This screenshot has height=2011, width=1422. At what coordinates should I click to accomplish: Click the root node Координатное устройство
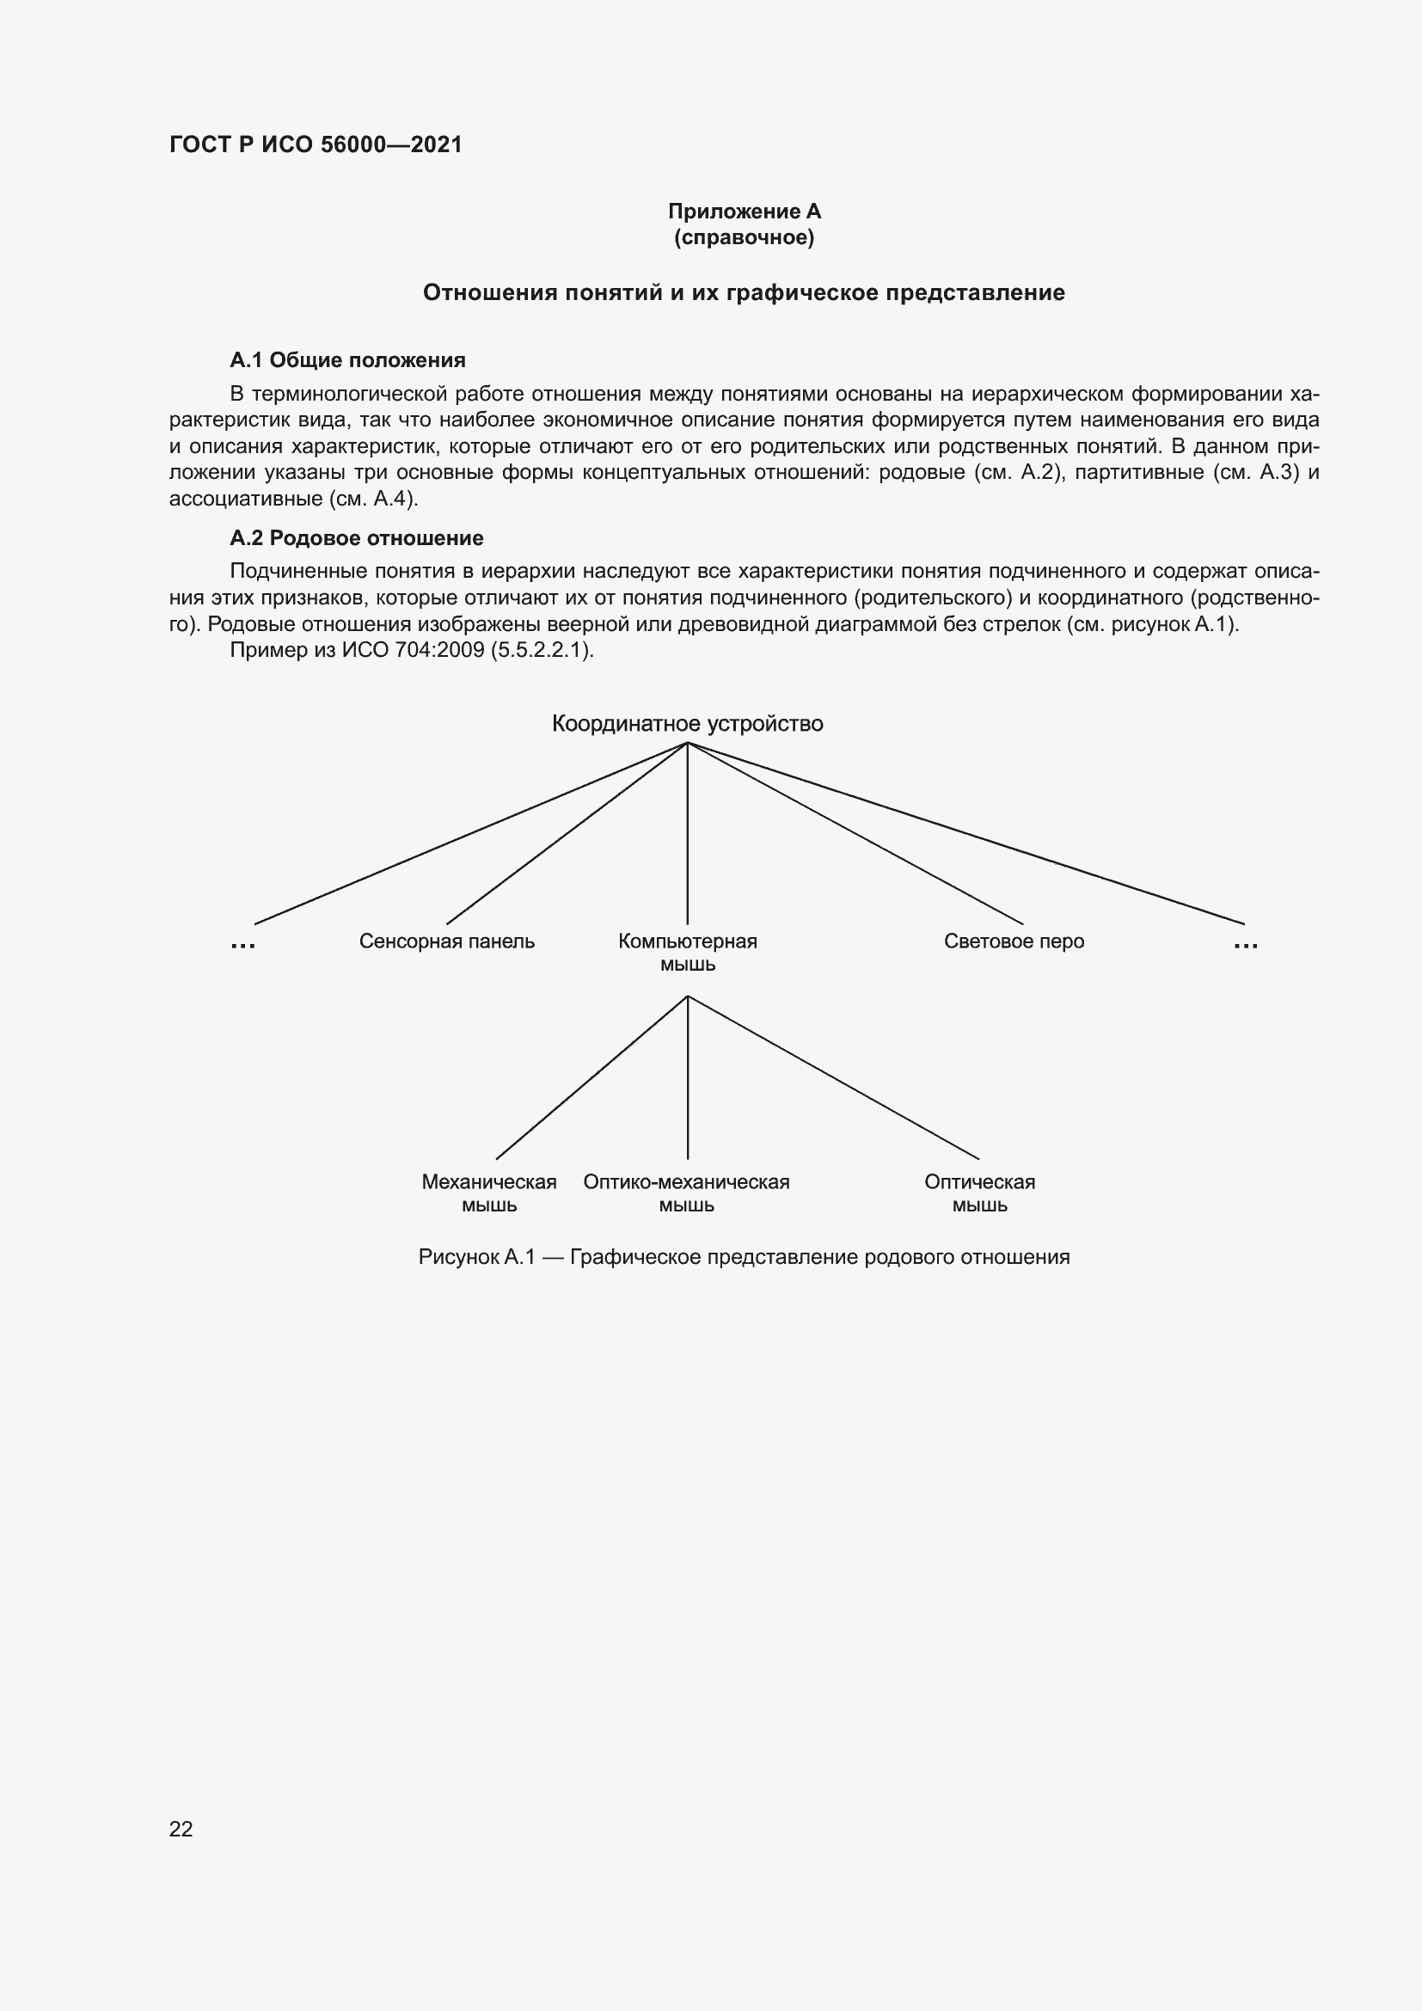[x=688, y=724]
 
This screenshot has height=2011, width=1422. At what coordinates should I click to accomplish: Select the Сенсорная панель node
[x=446, y=941]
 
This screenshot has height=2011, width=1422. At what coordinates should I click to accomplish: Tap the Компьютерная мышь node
[x=688, y=952]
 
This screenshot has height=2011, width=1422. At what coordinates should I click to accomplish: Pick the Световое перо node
[x=1014, y=941]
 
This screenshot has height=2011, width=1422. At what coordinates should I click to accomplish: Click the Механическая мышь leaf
[x=489, y=1193]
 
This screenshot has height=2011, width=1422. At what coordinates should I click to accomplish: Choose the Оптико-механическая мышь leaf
[x=686, y=1193]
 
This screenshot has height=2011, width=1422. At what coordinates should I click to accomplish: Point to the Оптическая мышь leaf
[x=980, y=1193]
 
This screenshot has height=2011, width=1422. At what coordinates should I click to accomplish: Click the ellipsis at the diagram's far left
[x=242, y=944]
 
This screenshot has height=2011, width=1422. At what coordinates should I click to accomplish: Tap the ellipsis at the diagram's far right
[x=1245, y=944]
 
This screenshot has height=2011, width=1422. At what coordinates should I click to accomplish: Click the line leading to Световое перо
[x=855, y=833]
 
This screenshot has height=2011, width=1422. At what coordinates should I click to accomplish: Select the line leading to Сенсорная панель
[x=567, y=833]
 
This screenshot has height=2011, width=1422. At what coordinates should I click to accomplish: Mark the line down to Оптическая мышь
[x=834, y=1077]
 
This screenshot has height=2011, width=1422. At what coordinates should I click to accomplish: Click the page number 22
[x=181, y=1829]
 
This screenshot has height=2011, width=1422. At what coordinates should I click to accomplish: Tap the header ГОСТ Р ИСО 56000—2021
[x=316, y=144]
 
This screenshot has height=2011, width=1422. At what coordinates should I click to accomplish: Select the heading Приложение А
[x=745, y=212]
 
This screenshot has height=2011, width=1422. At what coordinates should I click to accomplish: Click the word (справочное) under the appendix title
[x=745, y=238]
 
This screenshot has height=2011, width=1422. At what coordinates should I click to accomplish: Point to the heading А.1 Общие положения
[x=347, y=360]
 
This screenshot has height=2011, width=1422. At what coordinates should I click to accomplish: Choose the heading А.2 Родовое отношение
[x=357, y=537]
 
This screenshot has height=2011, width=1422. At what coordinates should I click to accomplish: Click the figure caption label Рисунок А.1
[x=476, y=1258]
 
